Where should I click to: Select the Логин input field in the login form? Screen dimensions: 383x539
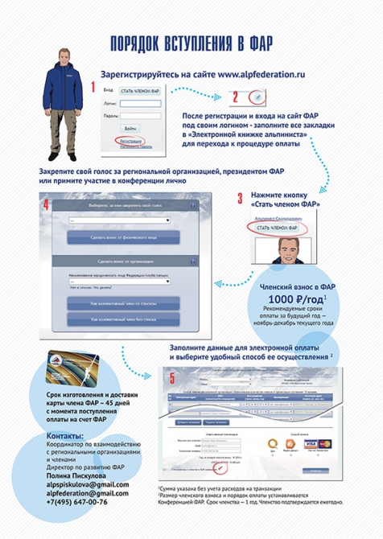click(x=139, y=103)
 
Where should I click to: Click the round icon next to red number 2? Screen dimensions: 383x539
click(x=255, y=96)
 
